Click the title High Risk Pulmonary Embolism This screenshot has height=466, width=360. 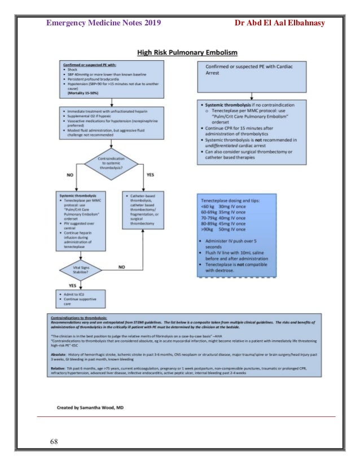tap(188, 52)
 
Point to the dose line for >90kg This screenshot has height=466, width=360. tap(223, 230)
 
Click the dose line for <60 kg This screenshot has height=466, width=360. tap(223, 206)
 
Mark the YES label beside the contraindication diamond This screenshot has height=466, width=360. tap(150, 175)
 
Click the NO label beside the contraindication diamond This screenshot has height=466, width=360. tap(71, 175)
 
